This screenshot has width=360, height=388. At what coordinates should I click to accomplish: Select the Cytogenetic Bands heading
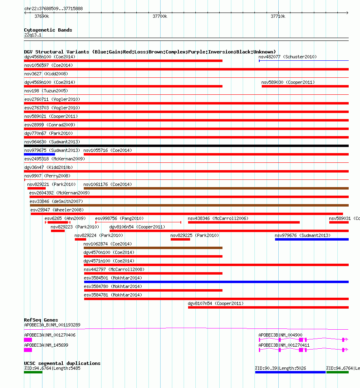pos(48,30)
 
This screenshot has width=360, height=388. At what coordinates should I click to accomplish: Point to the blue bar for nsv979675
pos(39,154)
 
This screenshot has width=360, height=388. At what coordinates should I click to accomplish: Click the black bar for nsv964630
pos(186,146)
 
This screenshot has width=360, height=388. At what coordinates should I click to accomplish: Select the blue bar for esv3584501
pos(216,282)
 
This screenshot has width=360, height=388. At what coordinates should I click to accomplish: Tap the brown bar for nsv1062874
pos(153,248)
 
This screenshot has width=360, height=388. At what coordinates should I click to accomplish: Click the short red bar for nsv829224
pos(80,239)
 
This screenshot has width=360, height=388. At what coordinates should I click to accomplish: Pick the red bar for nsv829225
pos(180,239)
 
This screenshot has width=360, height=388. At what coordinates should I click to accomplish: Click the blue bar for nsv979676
pos(311,239)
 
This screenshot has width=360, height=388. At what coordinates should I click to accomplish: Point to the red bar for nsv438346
pos(244,222)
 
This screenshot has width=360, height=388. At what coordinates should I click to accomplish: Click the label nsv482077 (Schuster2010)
pos(288,57)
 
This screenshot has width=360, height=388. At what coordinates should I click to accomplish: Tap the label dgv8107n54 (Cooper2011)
pos(216,303)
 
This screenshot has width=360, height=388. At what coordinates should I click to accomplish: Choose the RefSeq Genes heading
pos(41,320)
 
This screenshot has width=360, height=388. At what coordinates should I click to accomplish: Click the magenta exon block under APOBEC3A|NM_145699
pos(28,350)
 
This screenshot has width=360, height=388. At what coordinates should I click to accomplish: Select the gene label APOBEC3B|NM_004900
pos(280,335)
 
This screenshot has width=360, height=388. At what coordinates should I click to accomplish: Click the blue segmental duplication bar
pos(290,372)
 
